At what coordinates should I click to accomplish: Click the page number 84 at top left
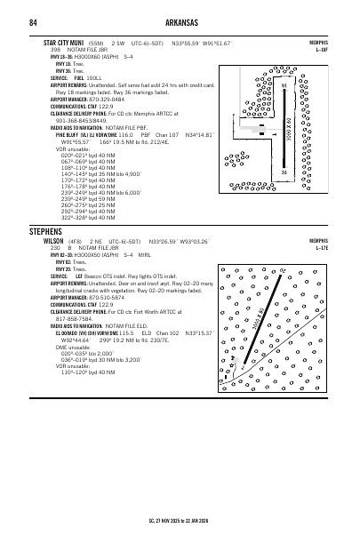32,22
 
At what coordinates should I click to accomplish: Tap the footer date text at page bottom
180,523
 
